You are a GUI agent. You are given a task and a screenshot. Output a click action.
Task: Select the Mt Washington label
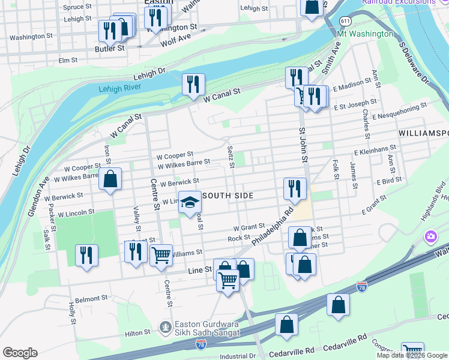[x=365, y=34]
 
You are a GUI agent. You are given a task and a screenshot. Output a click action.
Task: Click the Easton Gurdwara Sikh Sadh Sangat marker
[x=165, y=327]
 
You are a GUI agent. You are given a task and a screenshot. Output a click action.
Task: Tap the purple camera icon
[x=430, y=236]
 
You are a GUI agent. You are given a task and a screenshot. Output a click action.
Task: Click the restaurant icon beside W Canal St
[x=193, y=84]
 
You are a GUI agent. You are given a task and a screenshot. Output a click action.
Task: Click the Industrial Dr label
[x=238, y=356]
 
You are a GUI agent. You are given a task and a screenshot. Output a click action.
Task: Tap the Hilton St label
[x=138, y=332]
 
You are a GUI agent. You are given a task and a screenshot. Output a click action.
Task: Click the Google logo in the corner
[x=20, y=353]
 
